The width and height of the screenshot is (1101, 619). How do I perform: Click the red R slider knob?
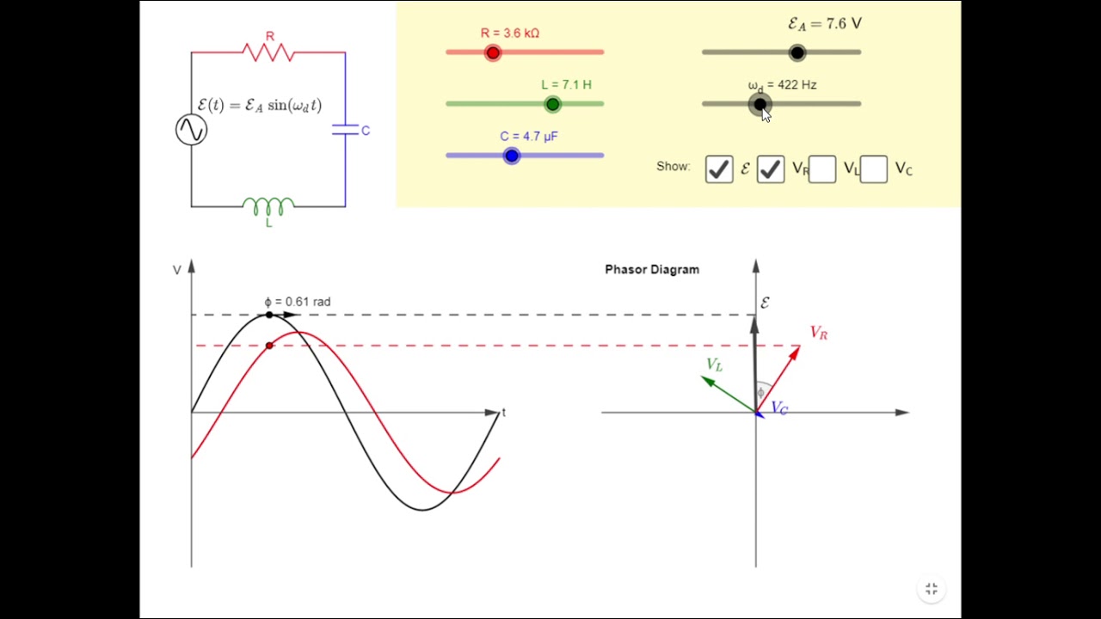click(x=493, y=52)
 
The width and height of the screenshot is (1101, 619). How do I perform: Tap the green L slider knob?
click(x=553, y=104)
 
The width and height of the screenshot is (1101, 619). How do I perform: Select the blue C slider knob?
click(x=512, y=156)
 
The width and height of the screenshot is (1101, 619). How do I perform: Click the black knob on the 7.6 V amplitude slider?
click(x=797, y=52)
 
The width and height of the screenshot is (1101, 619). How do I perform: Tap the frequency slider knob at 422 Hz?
click(x=760, y=104)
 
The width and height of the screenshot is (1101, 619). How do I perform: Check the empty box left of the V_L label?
click(x=822, y=169)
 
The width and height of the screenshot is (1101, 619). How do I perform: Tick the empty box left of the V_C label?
click(x=874, y=169)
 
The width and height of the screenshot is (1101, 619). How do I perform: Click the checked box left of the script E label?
click(x=719, y=169)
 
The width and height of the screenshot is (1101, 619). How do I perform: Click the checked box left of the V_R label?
click(x=771, y=169)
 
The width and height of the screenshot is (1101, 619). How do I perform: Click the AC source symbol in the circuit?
click(x=191, y=130)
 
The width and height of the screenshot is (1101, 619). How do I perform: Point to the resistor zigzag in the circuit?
click(x=268, y=52)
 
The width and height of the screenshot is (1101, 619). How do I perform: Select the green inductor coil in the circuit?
click(x=268, y=206)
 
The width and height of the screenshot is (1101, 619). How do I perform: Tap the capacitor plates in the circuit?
click(x=345, y=130)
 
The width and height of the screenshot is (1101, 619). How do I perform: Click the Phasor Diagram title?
click(x=652, y=270)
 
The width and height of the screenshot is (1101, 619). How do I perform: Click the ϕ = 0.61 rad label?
click(x=298, y=302)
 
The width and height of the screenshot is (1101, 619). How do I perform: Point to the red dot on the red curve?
click(x=269, y=346)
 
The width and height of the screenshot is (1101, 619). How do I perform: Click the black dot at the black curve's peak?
click(x=269, y=315)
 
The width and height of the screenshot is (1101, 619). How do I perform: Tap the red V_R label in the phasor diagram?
click(x=819, y=333)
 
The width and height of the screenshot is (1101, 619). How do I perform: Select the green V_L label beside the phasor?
click(x=715, y=365)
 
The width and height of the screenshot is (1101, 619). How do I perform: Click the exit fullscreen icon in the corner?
click(x=932, y=589)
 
